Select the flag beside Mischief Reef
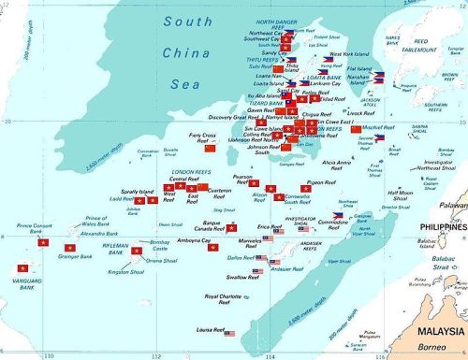356,129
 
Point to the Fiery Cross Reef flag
210,148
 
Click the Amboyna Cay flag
213,249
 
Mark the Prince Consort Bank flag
43,242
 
